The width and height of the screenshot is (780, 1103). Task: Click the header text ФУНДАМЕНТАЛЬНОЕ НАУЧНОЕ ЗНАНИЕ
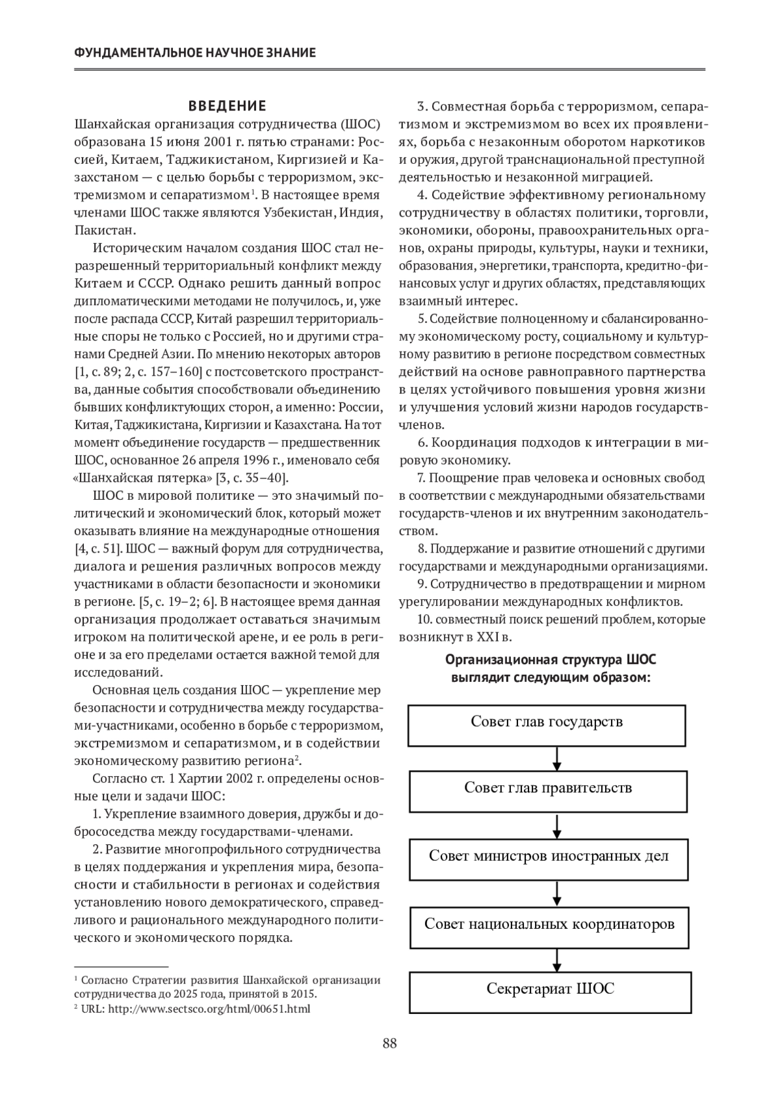click(x=195, y=53)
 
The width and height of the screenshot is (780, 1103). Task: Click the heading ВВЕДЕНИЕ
click(x=227, y=105)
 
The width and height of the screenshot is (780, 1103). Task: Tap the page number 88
click(x=389, y=1044)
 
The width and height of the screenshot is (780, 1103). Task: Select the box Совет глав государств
click(x=547, y=724)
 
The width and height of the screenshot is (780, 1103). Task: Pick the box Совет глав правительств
click(x=548, y=790)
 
